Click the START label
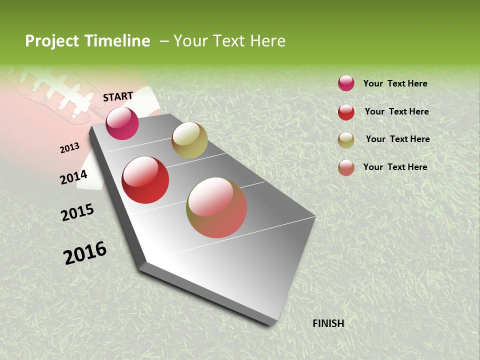coord(118,96)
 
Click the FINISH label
coord(328,323)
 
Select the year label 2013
coord(70,148)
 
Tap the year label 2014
coord(74,177)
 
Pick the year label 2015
coord(77,212)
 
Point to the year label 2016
coord(85,252)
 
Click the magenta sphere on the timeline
coord(122,123)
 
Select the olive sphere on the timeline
coord(189,140)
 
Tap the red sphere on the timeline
coord(145,180)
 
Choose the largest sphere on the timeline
coord(216,207)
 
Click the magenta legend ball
coord(346,83)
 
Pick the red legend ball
coord(346,112)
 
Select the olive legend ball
coord(346,140)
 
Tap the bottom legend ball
coord(346,167)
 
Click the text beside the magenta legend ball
coord(395,83)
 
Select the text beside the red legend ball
coord(396,111)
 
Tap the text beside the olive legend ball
coord(397,139)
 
